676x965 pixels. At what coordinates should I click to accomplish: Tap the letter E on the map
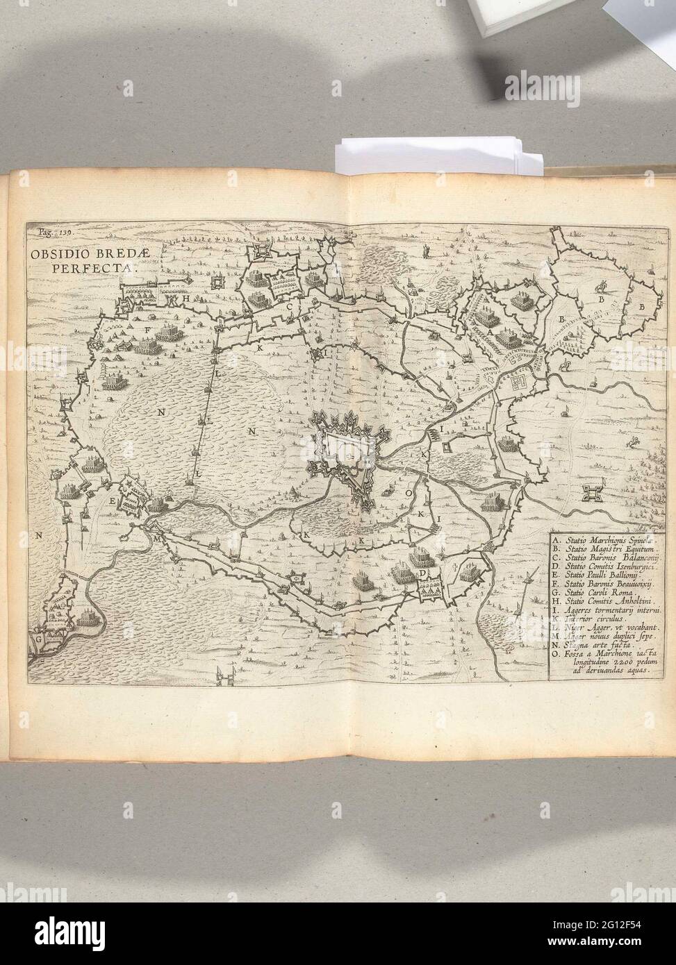(x=111, y=498)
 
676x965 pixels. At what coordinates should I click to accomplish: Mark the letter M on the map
(x=158, y=538)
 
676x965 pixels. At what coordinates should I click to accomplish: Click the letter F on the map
(x=147, y=330)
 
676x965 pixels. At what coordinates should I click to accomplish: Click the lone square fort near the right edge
(x=593, y=492)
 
